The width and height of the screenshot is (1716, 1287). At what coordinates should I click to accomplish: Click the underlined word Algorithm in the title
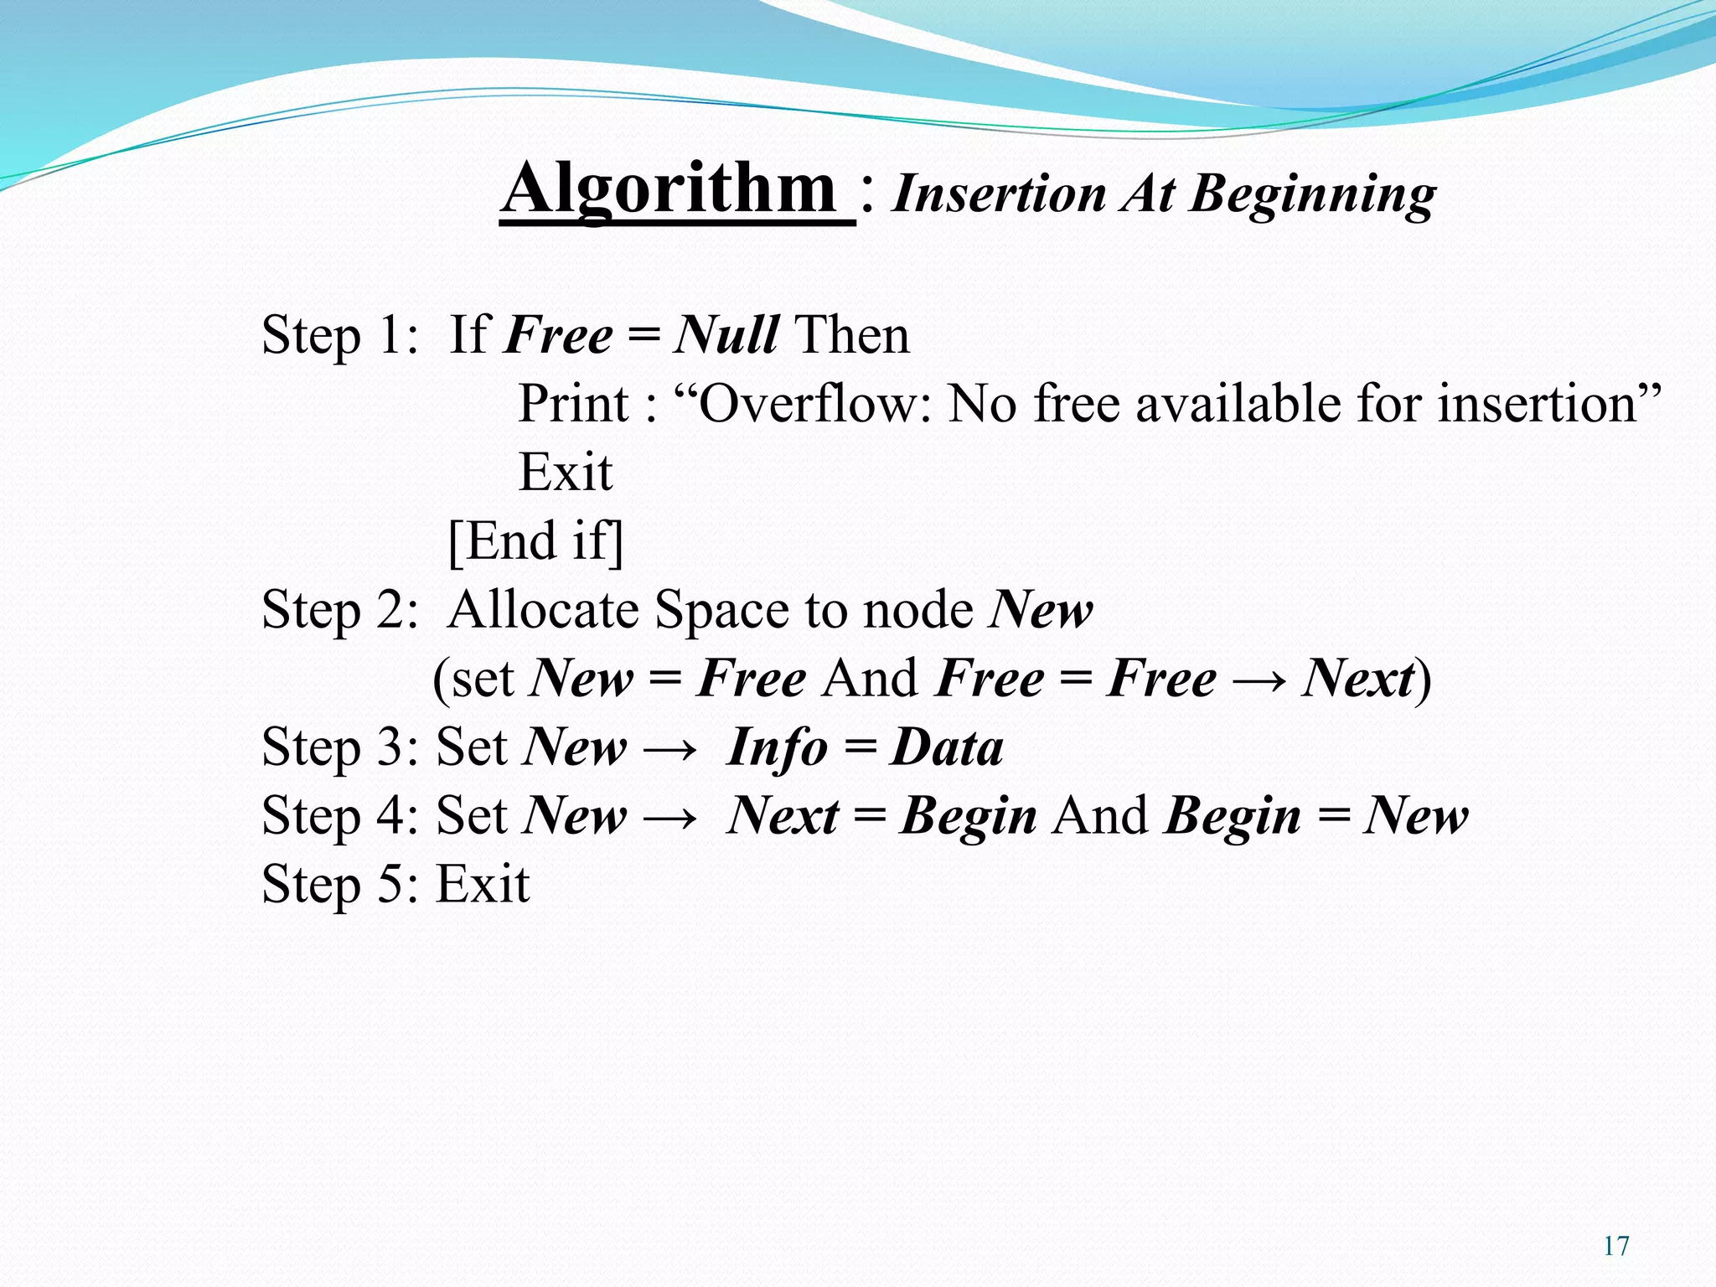pos(670,189)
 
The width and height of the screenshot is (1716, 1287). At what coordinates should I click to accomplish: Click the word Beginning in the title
pos(1313,194)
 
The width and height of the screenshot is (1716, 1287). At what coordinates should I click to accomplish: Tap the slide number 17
pos(1616,1246)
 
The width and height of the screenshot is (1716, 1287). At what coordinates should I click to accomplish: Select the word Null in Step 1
pos(726,335)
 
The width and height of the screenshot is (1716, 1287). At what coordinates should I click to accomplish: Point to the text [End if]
pos(536,541)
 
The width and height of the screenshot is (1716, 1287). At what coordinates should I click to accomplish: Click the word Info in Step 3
pos(777,747)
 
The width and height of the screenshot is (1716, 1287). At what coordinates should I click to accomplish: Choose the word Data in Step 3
pos(946,747)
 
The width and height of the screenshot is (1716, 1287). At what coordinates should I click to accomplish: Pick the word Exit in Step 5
pos(483,883)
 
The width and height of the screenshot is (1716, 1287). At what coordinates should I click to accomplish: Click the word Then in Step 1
pos(851,335)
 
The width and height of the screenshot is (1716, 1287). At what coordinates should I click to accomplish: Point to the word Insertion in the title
pos(999,194)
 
